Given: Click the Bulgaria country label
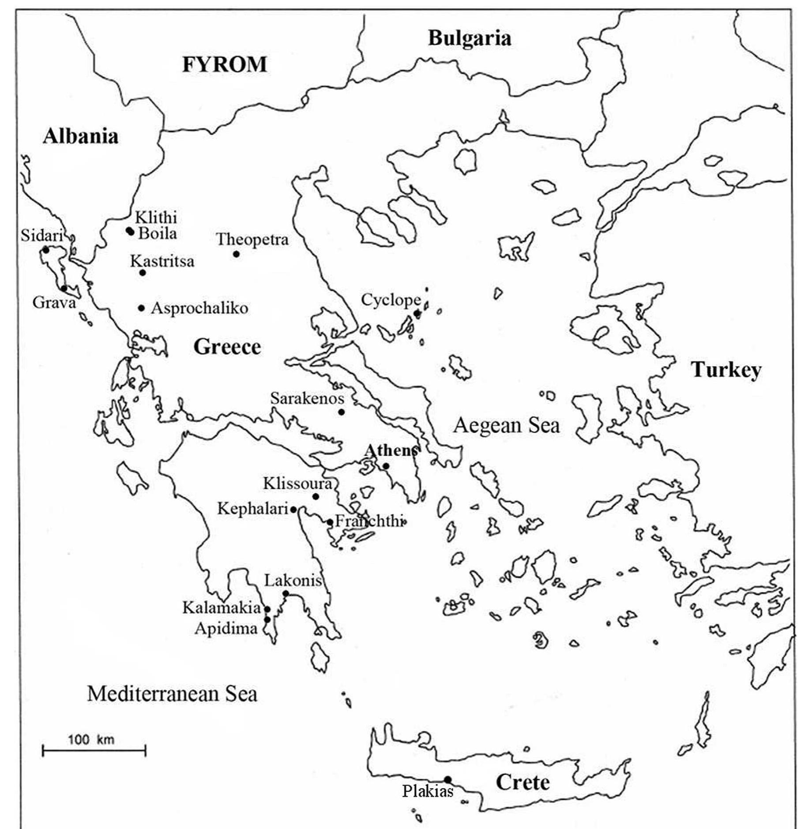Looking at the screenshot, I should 469,38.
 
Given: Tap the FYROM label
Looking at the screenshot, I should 225,65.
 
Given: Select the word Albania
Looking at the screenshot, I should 81,136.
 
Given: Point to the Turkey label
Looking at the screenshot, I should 726,370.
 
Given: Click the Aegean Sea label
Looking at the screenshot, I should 506,426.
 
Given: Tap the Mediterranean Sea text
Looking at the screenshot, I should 172,694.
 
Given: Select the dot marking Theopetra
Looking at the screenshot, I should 236,254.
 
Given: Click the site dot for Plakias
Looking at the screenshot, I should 447,779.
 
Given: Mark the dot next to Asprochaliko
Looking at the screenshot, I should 141,308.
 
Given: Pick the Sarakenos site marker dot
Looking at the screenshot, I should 341,412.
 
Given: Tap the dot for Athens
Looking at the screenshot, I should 386,466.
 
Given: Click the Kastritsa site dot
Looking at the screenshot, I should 143,273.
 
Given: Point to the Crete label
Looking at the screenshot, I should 523,782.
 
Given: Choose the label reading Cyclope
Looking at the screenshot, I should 391,300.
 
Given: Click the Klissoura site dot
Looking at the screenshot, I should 316,496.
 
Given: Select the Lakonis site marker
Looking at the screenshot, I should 286,593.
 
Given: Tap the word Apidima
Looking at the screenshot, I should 226,628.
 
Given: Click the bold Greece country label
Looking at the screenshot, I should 227,347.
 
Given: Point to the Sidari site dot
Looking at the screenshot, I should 45,250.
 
